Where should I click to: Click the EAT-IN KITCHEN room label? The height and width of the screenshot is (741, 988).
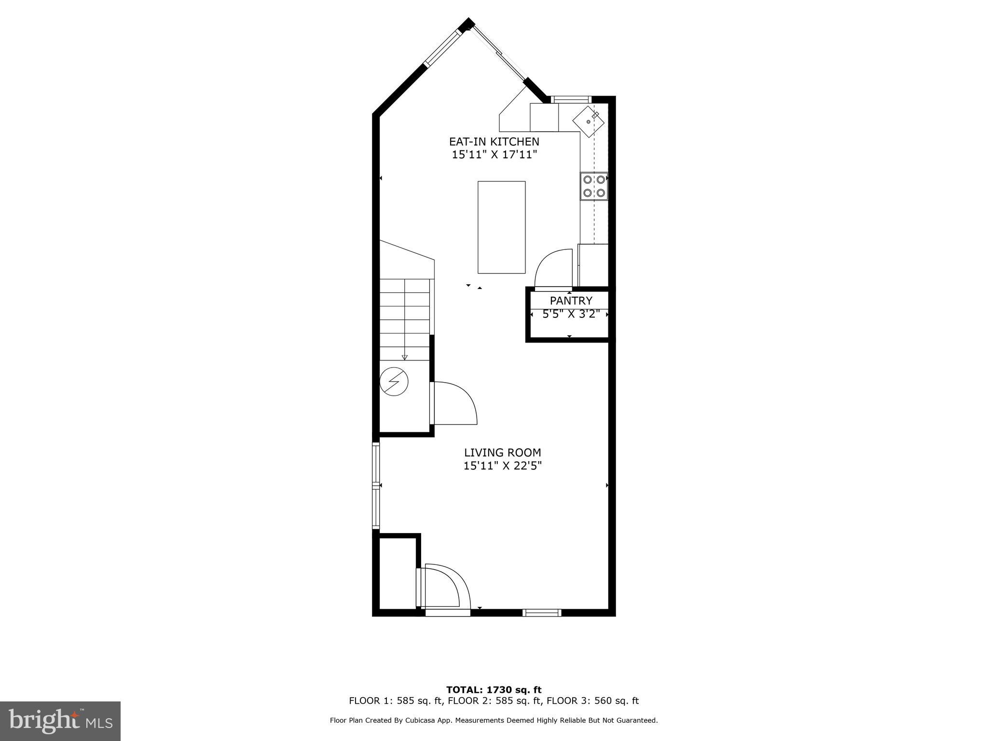pos(494,142)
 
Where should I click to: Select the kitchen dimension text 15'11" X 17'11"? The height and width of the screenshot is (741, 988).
pos(494,155)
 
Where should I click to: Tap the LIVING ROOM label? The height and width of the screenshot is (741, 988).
pos(502,453)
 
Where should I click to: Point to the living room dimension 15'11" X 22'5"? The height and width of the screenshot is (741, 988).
pos(502,466)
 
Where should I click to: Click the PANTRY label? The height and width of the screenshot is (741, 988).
pos(571,301)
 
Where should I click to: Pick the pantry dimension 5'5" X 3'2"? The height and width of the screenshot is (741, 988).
pos(571,314)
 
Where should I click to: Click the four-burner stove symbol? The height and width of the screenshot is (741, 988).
pos(594,186)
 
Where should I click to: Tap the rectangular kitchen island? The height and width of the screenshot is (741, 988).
pos(501,227)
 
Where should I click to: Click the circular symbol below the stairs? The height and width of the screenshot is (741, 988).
pos(394,382)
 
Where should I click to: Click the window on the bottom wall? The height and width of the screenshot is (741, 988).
pos(542,613)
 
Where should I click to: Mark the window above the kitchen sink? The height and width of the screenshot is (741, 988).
pos(571,100)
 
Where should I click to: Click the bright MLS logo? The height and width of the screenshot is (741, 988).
pos(60,721)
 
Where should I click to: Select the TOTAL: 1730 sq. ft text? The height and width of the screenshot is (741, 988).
pos(494,690)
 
